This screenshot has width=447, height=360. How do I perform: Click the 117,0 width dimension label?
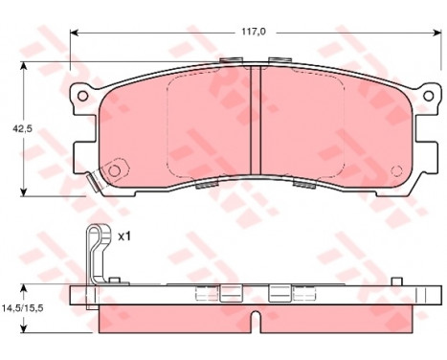click(254, 32)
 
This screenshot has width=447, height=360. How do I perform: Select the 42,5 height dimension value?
click(23, 128)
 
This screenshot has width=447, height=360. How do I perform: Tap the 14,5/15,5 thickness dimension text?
click(22, 308)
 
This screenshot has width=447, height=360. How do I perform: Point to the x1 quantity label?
click(124, 236)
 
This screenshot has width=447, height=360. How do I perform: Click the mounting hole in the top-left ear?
click(82, 96)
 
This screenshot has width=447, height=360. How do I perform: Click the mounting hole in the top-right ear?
click(428, 96)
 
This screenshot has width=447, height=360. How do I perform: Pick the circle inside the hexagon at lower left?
click(114, 170)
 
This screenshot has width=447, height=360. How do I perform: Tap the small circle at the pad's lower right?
click(396, 171)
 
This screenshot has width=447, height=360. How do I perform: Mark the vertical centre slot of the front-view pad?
click(256, 120)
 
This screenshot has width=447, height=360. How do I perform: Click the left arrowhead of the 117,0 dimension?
click(74, 33)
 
